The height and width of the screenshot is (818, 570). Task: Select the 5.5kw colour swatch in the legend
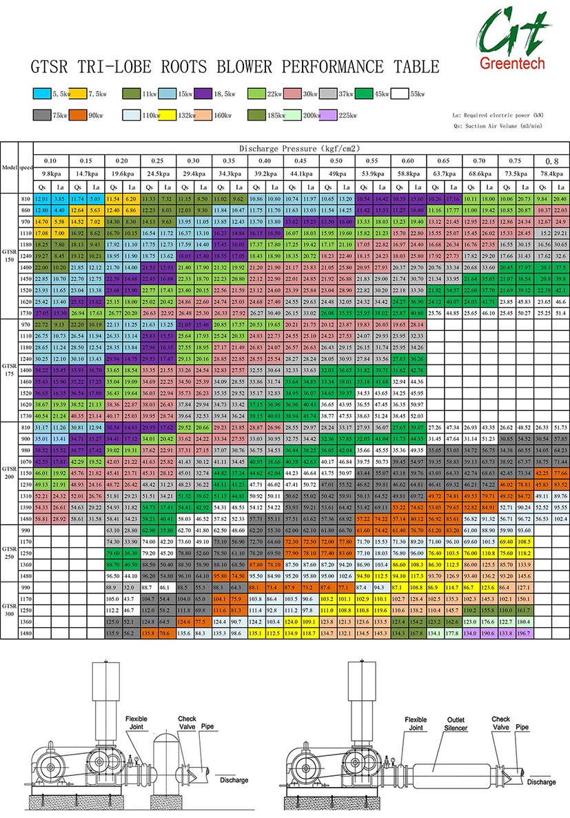tap(41, 94)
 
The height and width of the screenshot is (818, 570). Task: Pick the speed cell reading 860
tap(26, 208)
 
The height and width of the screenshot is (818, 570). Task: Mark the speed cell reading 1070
tap(26, 460)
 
